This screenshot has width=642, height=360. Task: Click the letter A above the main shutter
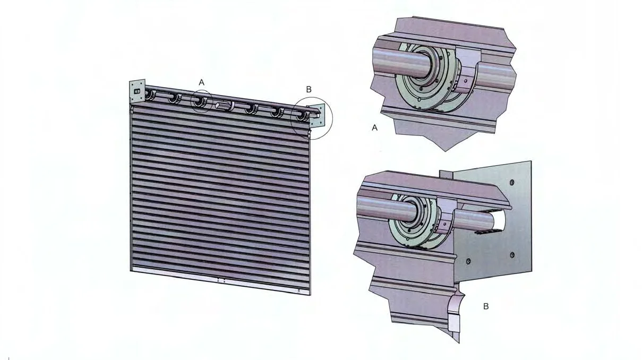[201, 82]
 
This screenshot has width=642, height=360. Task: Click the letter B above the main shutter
[309, 89]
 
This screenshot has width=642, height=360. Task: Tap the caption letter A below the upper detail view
[375, 128]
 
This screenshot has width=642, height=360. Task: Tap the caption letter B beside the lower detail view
[486, 306]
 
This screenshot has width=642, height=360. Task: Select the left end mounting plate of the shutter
[137, 92]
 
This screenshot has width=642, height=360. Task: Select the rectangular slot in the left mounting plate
[136, 91]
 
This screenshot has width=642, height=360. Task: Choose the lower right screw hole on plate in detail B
[512, 255]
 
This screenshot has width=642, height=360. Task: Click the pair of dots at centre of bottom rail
[221, 279]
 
